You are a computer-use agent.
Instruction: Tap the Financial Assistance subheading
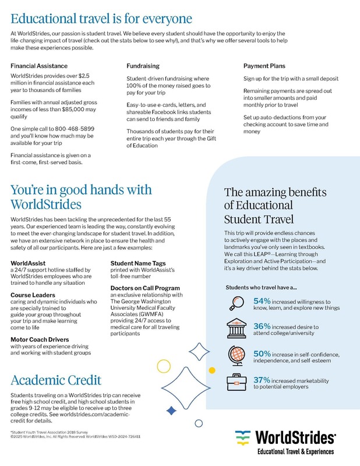pos(39,66)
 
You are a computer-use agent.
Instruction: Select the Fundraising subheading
pos(143,66)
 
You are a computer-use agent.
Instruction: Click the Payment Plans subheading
pos(266,66)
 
